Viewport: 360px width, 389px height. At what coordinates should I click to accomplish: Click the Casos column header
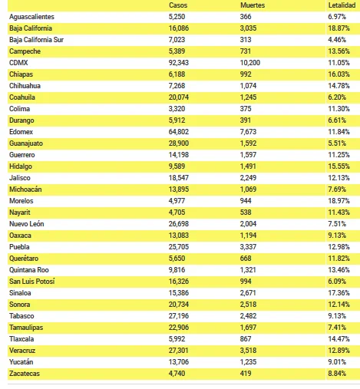pyautogui.click(x=178, y=5)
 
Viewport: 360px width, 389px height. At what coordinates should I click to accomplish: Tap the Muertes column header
pyautogui.click(x=253, y=5)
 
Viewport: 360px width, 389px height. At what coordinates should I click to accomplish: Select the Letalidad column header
pyautogui.click(x=342, y=5)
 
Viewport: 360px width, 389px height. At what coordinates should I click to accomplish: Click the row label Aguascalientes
pyautogui.click(x=31, y=17)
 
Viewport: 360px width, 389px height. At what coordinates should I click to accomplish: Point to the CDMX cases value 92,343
pyautogui.click(x=179, y=63)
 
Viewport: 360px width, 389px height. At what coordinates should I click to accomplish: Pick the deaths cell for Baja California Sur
pyautogui.click(x=246, y=40)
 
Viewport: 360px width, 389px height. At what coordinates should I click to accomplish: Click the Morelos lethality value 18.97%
pyautogui.click(x=339, y=201)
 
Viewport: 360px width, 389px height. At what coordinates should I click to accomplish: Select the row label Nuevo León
pyautogui.click(x=27, y=224)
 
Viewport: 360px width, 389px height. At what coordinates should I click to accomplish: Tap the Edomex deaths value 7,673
pyautogui.click(x=248, y=132)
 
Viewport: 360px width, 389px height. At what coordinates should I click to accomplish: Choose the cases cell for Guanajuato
pyautogui.click(x=179, y=143)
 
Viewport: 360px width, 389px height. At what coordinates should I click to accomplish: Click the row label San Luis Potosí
pyautogui.click(x=32, y=282)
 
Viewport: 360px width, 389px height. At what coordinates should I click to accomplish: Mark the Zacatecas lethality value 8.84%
pyautogui.click(x=337, y=374)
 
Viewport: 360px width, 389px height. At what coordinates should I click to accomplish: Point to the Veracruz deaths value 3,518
pyautogui.click(x=248, y=351)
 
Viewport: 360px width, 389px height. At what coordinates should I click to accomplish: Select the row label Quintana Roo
pyautogui.click(x=29, y=270)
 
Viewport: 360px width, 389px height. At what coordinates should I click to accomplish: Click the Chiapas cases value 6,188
pyautogui.click(x=177, y=74)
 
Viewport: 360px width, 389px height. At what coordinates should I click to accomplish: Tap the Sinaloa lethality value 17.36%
pyautogui.click(x=339, y=293)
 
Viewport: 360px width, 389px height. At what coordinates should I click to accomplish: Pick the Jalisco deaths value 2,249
pyautogui.click(x=248, y=178)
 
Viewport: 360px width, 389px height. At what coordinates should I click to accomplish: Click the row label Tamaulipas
pyautogui.click(x=26, y=328)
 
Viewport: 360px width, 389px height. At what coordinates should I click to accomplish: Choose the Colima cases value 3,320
pyautogui.click(x=177, y=109)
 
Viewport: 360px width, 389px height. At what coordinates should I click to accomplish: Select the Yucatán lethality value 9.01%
pyautogui.click(x=337, y=362)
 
